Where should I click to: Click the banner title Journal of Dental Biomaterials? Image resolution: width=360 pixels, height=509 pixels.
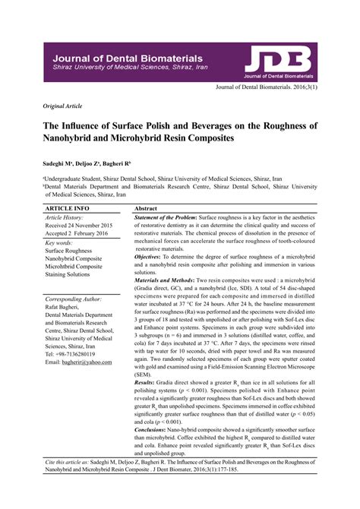coord(128,58)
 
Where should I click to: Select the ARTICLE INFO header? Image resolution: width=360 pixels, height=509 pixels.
coord(68,207)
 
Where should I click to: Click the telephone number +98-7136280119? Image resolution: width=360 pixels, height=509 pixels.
coord(71,354)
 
